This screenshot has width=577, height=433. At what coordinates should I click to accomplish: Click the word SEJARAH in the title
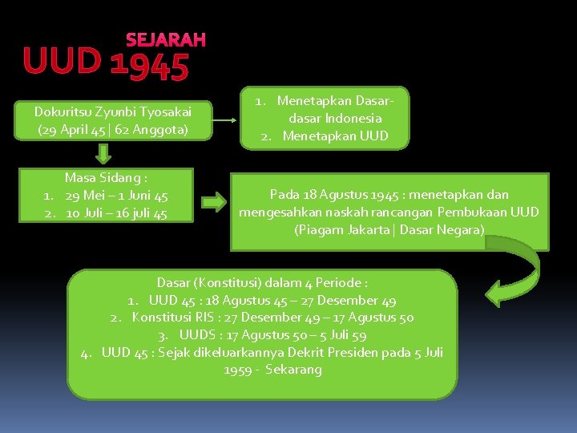165,39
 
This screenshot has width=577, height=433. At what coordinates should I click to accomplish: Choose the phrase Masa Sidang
106,178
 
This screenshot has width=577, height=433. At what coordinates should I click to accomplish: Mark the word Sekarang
294,370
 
